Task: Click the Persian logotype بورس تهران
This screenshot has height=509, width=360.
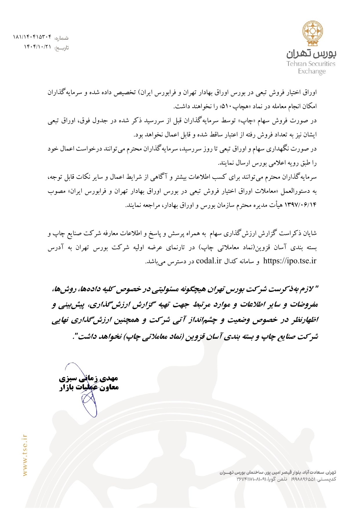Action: pyautogui.click(x=312, y=54)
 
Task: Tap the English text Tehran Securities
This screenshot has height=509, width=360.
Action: pyautogui.click(x=311, y=64)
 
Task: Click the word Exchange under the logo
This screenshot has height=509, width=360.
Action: pyautogui.click(x=312, y=71)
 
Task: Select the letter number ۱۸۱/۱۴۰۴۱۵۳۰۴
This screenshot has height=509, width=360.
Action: pyautogui.click(x=32, y=37)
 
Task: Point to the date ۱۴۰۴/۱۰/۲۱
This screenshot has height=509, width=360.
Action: pyautogui.click(x=37, y=47)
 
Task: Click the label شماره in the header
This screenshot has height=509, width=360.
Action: pyautogui.click(x=61, y=38)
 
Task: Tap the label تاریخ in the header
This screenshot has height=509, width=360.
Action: pyautogui.click(x=62, y=48)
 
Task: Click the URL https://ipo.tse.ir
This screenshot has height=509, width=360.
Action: pyautogui.click(x=290, y=261)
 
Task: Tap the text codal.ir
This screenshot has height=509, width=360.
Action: pyautogui.click(x=209, y=261)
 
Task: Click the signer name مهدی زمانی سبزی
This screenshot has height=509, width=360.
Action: pyautogui.click(x=88, y=378)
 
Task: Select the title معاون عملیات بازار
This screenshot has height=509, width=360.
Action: pyautogui.click(x=89, y=387)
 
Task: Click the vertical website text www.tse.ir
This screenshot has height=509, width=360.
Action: pyautogui.click(x=25, y=455)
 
